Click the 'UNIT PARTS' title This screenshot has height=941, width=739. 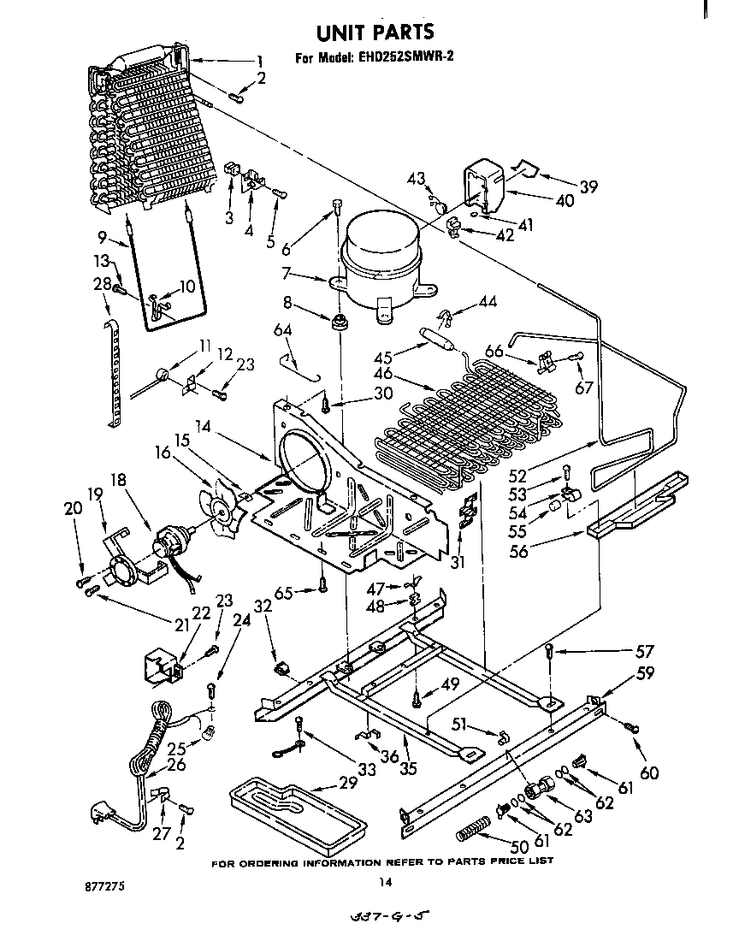click(375, 33)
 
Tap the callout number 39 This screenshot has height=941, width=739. click(588, 187)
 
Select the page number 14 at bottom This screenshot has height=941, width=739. click(386, 882)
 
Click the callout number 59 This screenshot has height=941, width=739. click(645, 673)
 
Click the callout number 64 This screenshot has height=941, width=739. click(283, 329)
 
